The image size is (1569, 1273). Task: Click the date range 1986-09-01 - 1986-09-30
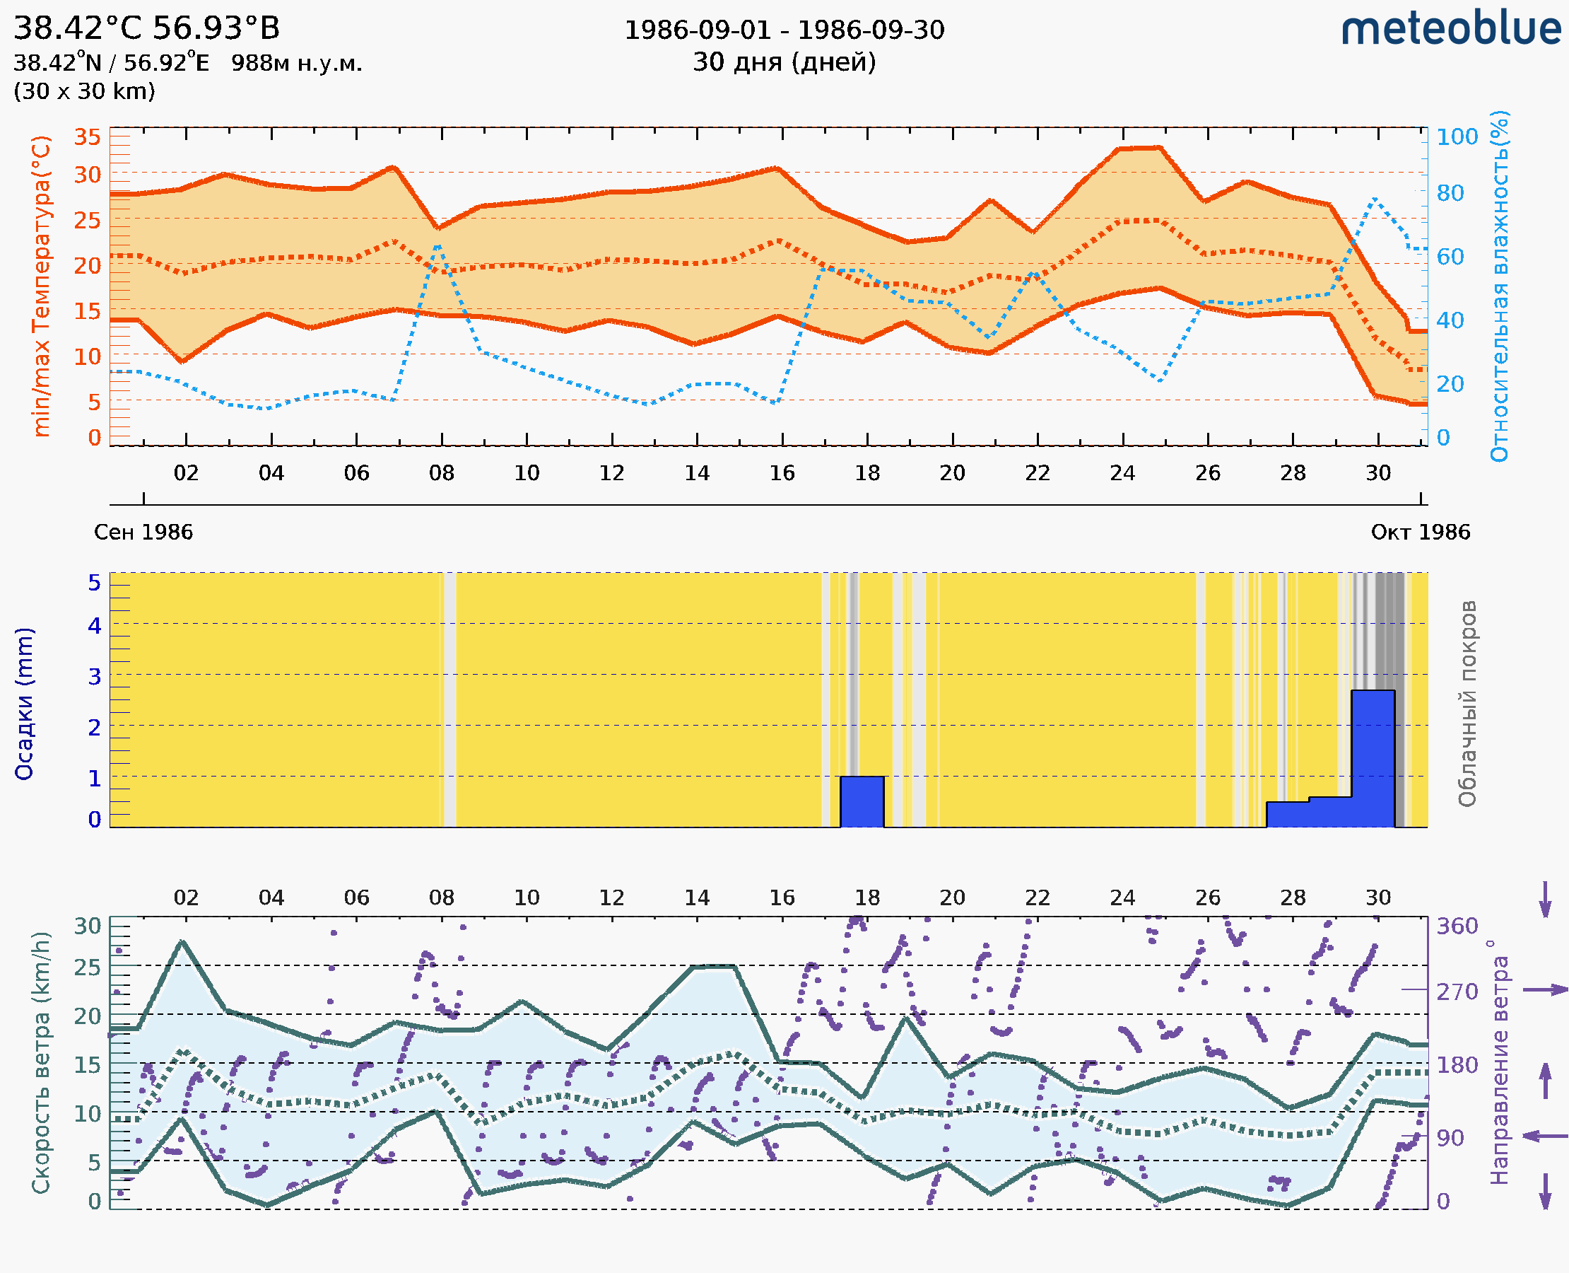pos(784,30)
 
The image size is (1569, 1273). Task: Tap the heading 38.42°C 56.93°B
pos(146,28)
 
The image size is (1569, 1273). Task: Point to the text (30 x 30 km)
pos(84,92)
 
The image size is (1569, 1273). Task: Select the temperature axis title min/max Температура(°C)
pos(42,286)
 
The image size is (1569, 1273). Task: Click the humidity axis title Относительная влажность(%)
pos(1499,286)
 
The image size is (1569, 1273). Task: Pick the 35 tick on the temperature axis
pos(87,137)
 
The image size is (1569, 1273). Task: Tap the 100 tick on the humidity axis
pos(1457,137)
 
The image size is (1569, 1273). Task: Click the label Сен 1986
pos(143,533)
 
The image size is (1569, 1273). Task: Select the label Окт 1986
pos(1421,533)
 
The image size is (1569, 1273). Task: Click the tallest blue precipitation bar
pos(1373,758)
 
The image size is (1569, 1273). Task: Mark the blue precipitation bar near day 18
pos(862,801)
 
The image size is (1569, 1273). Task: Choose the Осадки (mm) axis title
pos(24,704)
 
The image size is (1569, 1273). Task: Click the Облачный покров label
pos(1467,704)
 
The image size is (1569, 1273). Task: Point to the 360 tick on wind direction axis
pos(1457,926)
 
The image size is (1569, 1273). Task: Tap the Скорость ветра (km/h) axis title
pos(41,1063)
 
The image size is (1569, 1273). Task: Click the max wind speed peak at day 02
pos(182,941)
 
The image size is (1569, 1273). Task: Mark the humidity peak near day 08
pos(438,245)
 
